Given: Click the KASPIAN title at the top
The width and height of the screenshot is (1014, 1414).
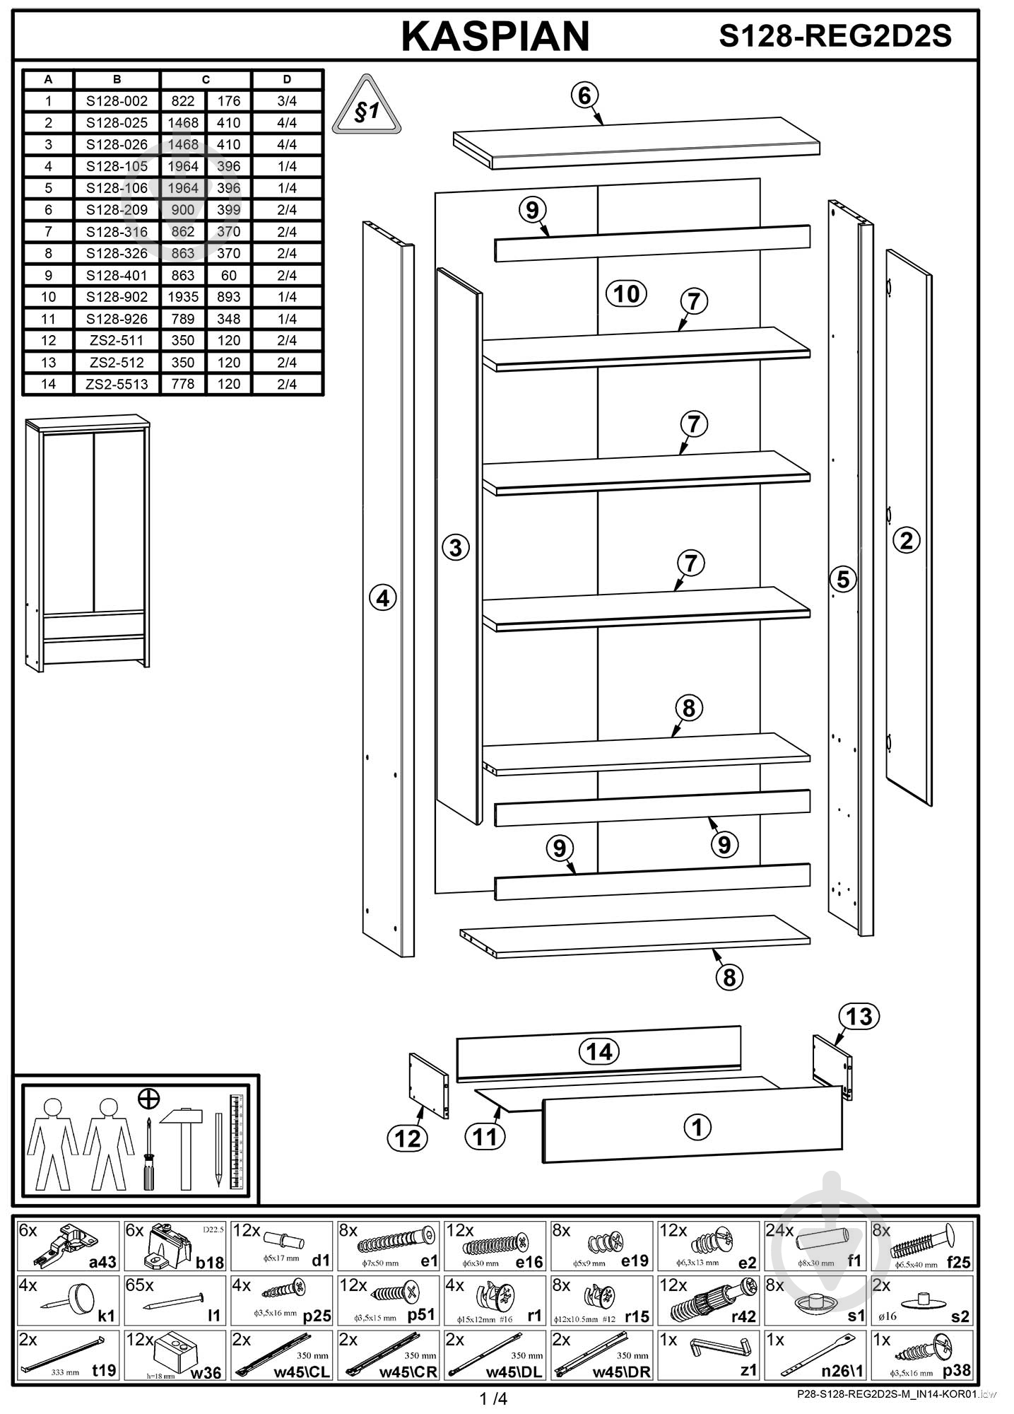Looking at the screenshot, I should (495, 37).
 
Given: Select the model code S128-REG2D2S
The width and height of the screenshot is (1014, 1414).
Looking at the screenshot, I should (835, 37).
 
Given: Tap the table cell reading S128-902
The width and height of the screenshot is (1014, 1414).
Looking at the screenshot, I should (117, 297).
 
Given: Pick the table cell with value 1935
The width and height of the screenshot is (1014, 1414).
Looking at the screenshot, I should (183, 297).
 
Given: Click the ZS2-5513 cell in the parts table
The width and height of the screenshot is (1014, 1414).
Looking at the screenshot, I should (117, 384).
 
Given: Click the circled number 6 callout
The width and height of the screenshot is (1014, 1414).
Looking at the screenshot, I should (584, 95).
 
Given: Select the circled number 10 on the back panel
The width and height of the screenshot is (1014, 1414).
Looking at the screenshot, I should (627, 293).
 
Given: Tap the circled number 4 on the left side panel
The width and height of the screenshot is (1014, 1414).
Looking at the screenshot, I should (382, 599).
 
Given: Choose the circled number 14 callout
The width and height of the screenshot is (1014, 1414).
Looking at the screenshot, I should (599, 1051).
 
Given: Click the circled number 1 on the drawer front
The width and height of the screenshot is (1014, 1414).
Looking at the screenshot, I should (697, 1127).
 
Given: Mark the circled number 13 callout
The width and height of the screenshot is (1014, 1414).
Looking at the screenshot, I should (859, 1017).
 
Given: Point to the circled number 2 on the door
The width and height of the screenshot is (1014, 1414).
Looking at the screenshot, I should (907, 540).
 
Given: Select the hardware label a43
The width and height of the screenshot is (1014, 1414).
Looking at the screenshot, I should (102, 1262).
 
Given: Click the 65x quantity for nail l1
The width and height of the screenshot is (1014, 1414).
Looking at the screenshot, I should (141, 1285).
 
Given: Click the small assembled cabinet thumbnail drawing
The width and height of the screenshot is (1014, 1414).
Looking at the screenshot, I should (88, 542).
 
